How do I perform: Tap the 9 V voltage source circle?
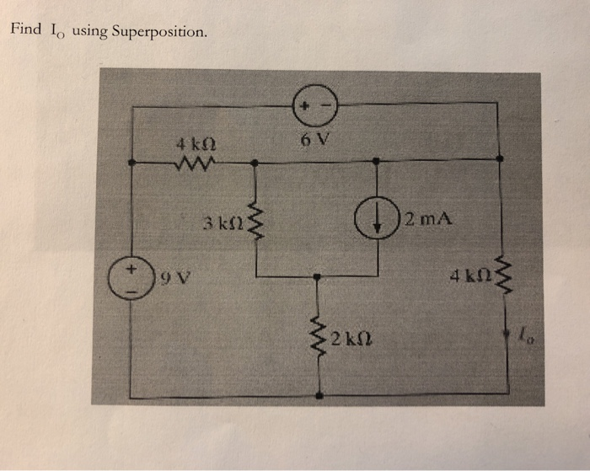click(x=132, y=276)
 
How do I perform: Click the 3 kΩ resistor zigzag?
click(x=256, y=223)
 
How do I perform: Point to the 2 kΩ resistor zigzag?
click(x=319, y=340)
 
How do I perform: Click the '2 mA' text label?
click(x=429, y=222)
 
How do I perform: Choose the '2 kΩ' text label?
click(x=349, y=340)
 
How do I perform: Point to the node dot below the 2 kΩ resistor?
click(x=319, y=395)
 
